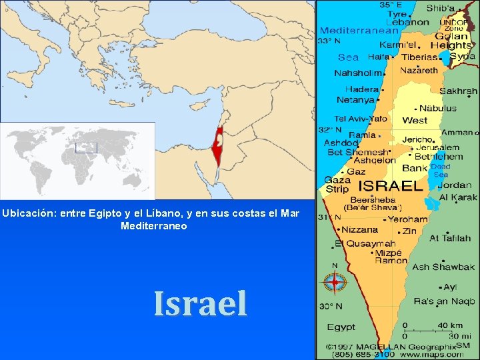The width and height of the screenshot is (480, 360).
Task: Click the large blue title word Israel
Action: [200, 303]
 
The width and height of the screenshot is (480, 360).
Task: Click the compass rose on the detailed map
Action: [335, 283]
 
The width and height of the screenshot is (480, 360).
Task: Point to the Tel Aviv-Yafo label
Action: [360, 119]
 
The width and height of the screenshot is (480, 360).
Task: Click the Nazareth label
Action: [419, 70]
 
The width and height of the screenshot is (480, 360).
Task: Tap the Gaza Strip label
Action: [337, 185]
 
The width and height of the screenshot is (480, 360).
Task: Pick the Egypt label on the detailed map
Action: [341, 327]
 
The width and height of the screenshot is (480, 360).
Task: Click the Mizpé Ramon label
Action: [389, 257]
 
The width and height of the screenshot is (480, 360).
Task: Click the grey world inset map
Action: [77, 160]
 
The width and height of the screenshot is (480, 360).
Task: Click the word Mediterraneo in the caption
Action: [154, 226]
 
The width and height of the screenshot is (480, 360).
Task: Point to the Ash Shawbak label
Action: [443, 267]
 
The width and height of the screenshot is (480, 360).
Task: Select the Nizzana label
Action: [360, 229]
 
